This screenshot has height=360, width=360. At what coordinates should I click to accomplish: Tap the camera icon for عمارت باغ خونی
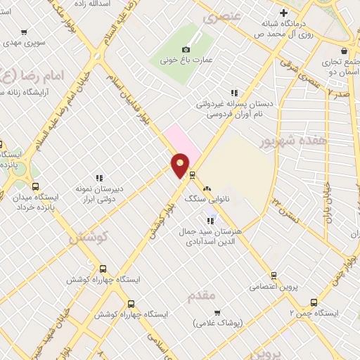coord(186,49)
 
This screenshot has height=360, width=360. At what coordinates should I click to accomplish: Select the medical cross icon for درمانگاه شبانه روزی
coord(283,13)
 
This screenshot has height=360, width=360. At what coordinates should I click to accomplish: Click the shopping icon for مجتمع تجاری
coord(343,50)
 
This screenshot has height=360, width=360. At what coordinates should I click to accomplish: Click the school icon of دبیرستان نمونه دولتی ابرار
coord(99,178)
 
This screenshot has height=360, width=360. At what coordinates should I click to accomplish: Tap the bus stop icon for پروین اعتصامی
coord(274,276)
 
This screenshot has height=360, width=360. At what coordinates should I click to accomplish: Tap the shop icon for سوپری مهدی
coord(24,32)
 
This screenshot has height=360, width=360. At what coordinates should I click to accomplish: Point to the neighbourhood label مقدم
coord(202,296)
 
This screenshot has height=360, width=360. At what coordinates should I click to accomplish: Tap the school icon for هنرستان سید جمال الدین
coord(211,221)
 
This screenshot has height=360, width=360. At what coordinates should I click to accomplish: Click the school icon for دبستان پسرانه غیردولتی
coord(235,92)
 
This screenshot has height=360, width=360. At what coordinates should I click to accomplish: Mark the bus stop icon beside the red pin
coord(192,174)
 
